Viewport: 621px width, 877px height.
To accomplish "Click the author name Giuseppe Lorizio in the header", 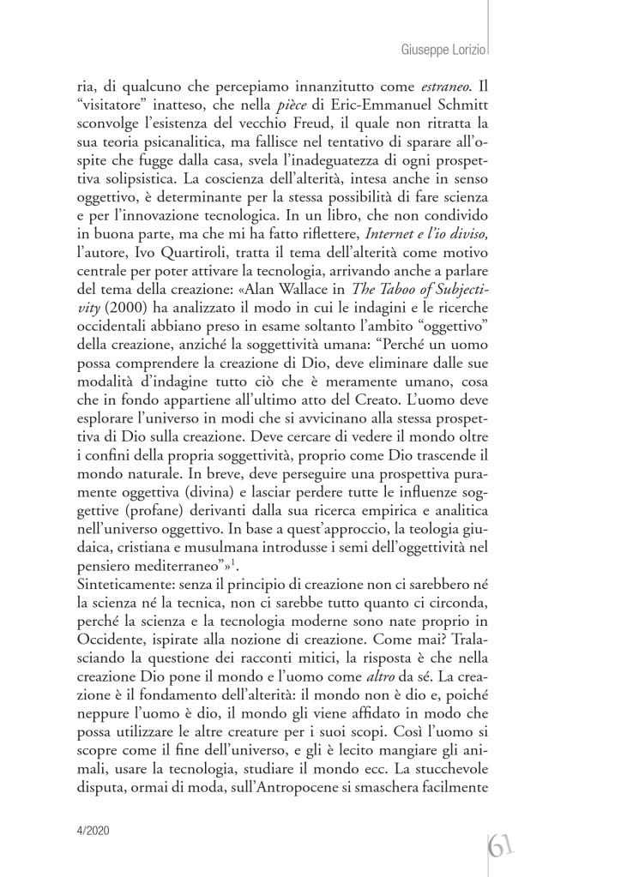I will (443, 51).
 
